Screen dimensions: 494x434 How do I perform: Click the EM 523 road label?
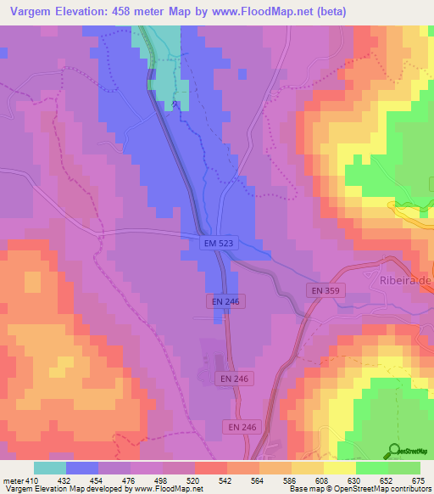(219, 244)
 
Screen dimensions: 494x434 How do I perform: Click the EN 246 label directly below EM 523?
(224, 301)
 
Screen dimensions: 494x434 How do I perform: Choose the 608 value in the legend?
(323, 480)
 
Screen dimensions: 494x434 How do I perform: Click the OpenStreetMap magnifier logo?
(395, 451)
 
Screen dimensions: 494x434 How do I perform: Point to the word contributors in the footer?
(410, 490)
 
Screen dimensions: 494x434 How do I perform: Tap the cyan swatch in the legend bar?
(50, 468)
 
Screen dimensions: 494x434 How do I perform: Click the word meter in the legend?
(13, 480)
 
